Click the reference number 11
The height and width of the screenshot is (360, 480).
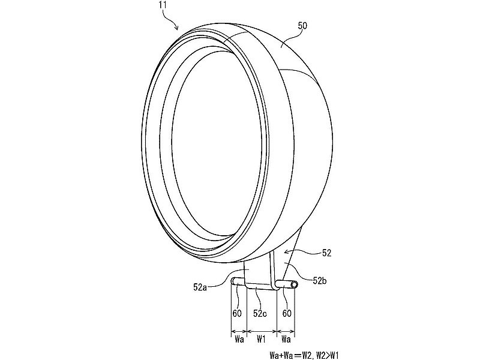[x=163, y=5]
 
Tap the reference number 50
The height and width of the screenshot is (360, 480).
[x=302, y=25]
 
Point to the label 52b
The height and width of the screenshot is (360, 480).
[x=320, y=280]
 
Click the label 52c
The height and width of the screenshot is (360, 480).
[x=260, y=314]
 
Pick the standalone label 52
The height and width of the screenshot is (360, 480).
[x=326, y=253]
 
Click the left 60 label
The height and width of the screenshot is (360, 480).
[x=237, y=314]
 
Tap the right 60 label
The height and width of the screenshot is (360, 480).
[x=287, y=314]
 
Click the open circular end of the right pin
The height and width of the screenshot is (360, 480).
[x=295, y=286]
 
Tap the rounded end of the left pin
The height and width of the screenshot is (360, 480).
[x=233, y=281]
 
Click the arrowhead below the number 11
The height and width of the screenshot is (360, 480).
[x=178, y=28]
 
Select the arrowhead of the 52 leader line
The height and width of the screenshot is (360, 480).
[x=287, y=252]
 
